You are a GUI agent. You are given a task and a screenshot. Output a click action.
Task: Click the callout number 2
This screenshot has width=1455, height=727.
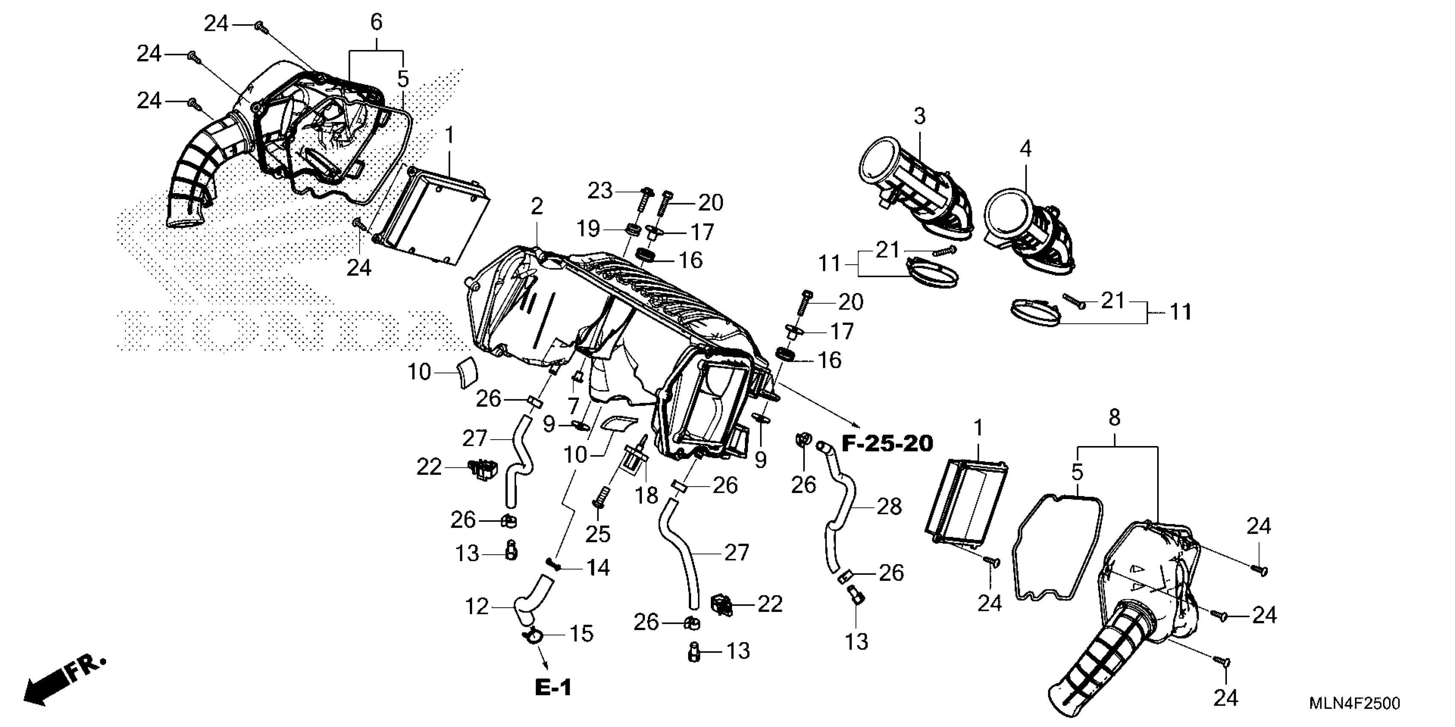[537, 207]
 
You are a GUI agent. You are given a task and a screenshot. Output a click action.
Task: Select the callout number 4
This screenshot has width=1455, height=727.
[1025, 149]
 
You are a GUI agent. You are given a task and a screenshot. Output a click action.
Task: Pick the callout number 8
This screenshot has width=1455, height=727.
[1114, 418]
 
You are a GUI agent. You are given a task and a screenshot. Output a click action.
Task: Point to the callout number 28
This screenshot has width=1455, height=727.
[889, 507]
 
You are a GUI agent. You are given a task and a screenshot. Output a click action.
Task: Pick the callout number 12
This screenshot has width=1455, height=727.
[476, 607]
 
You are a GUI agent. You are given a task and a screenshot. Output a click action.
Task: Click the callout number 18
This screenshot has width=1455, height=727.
[646, 496]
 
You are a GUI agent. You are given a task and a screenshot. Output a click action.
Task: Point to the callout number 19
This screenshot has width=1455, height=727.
[588, 229]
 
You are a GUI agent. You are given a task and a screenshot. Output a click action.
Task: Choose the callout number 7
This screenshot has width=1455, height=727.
[573, 405]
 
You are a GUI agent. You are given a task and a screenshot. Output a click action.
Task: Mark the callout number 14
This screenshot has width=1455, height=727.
[597, 567]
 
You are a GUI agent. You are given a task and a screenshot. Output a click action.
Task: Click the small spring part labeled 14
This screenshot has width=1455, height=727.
[552, 563]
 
